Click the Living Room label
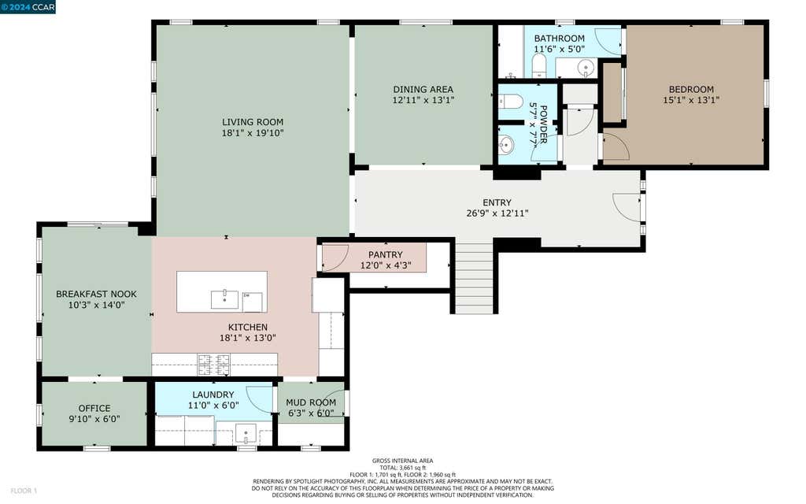click(x=253, y=122)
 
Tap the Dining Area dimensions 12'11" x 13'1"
click(x=423, y=100)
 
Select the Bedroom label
click(x=691, y=90)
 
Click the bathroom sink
click(x=586, y=68)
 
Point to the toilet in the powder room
click(x=510, y=102)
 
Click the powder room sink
click(x=506, y=145)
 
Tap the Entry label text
click(x=497, y=202)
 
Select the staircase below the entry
click(x=475, y=277)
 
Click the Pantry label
click(x=386, y=254)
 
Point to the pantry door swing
click(x=335, y=258)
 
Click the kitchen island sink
click(x=224, y=299)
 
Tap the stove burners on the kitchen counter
click(x=214, y=365)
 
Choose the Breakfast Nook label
click(x=97, y=295)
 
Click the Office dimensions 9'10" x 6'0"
click(x=94, y=419)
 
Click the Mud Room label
click(x=311, y=402)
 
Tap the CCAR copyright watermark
click(x=28, y=7)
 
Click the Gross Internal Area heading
click(x=402, y=461)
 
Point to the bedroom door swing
click(x=616, y=146)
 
